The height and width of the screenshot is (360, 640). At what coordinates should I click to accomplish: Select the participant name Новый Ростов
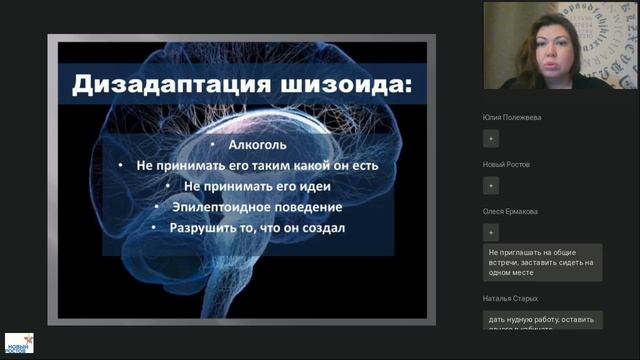[506, 164]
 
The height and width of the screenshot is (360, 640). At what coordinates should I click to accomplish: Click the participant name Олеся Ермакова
[510, 212]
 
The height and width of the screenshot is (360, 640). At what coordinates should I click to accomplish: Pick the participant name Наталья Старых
[510, 298]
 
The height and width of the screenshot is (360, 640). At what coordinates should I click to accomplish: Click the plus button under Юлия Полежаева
[491, 139]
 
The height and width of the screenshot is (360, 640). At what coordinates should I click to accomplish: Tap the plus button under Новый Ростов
[491, 186]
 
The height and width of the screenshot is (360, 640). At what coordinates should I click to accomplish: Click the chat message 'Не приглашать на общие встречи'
[543, 263]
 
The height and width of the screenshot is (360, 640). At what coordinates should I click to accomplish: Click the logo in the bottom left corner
[19, 343]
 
